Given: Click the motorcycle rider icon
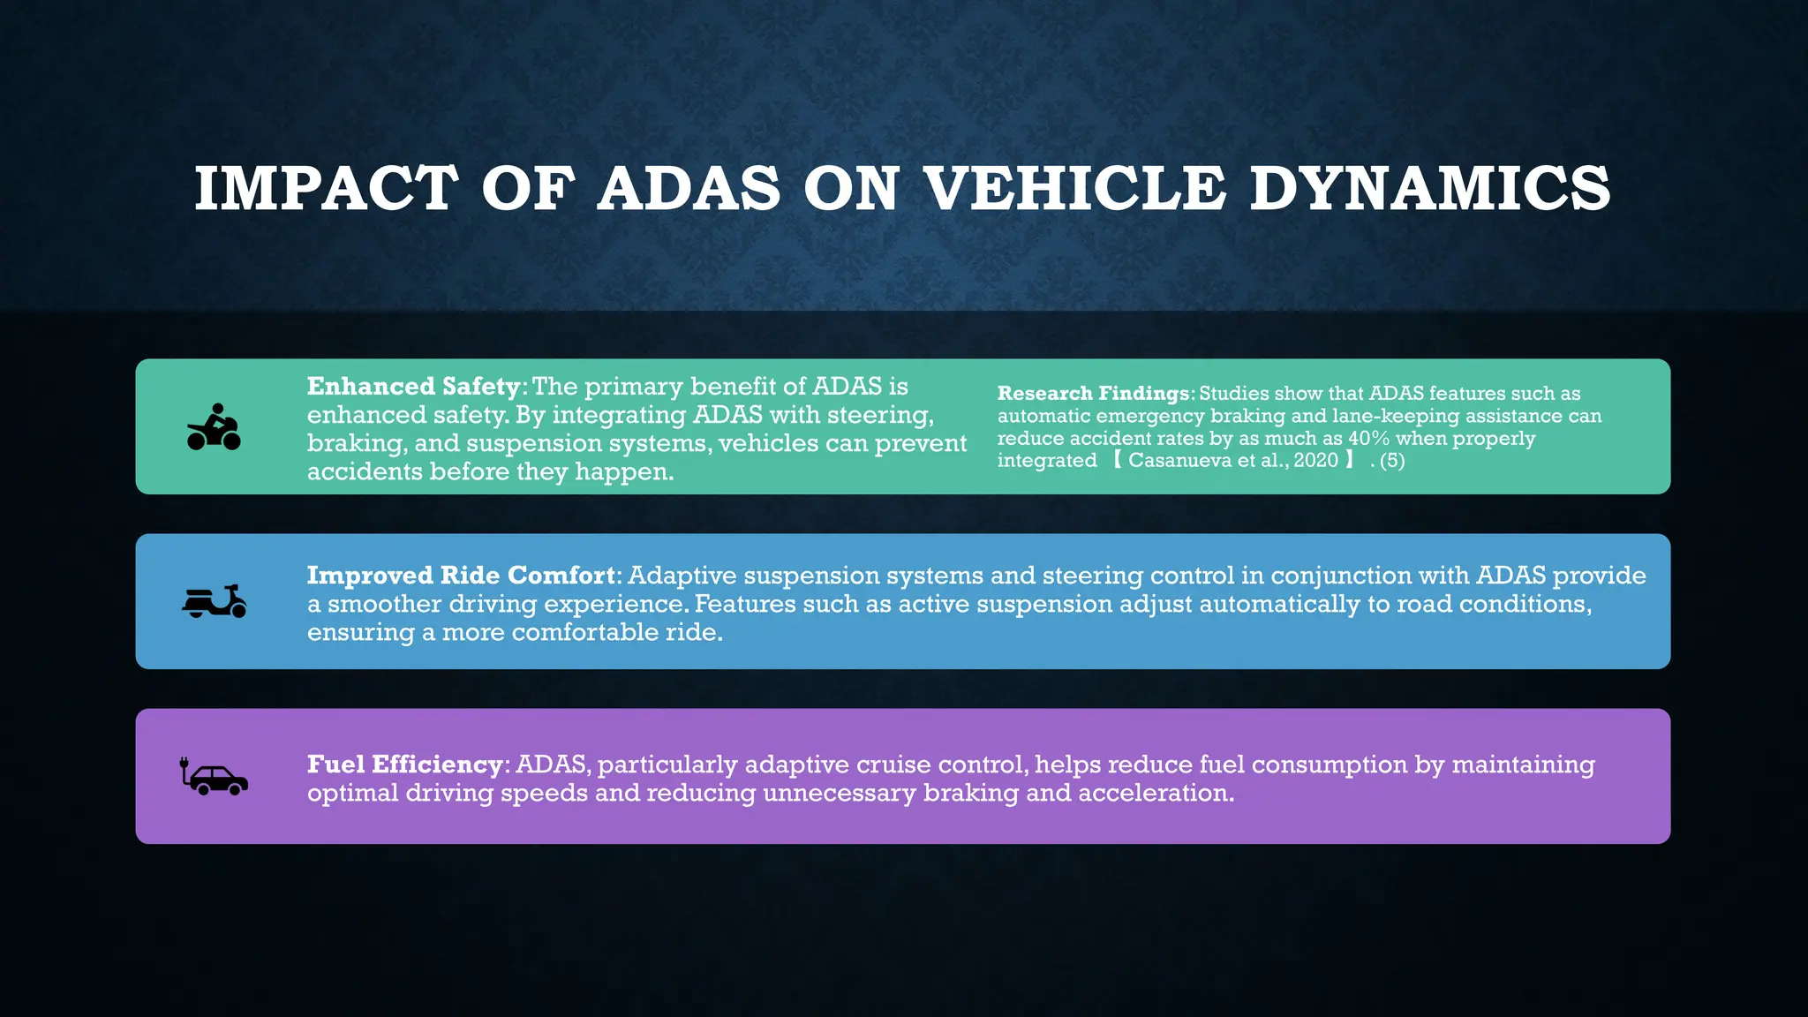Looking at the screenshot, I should pyautogui.click(x=214, y=427).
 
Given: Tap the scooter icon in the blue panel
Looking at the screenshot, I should pyautogui.click(x=214, y=601).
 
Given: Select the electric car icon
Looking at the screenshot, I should pyautogui.click(x=215, y=777).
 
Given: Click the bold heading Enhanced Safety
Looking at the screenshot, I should pyautogui.click(x=413, y=387).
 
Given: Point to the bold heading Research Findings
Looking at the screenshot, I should pyautogui.click(x=1094, y=394).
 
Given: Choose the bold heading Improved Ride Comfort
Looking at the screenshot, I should pyautogui.click(x=461, y=576).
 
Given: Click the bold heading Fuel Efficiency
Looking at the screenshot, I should pyautogui.click(x=404, y=765).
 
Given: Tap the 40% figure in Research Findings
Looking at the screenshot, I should pyautogui.click(x=1368, y=439).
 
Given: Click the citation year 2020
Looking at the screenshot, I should pyautogui.click(x=1316, y=461).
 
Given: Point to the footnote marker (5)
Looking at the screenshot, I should pyautogui.click(x=1392, y=461).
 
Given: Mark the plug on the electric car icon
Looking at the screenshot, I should pyautogui.click(x=185, y=765).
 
